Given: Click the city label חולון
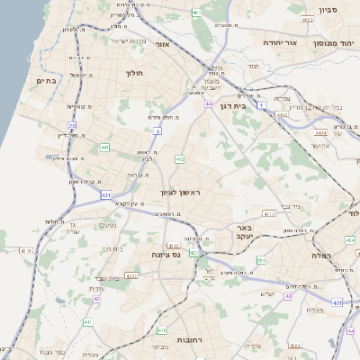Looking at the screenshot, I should coord(136,72).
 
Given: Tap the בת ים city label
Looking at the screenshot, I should coord(46,80).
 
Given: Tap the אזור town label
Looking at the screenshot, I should coord(162,44).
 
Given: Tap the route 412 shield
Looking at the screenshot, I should coord(180,159).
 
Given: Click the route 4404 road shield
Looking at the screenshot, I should coord(320,132).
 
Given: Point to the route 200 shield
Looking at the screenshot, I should coord(261,259).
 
